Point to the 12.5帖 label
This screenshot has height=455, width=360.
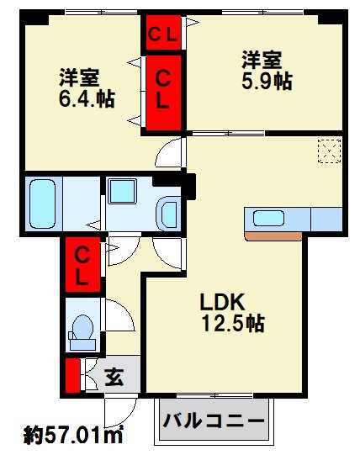pos(233,322)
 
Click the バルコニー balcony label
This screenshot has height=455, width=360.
pos(214,420)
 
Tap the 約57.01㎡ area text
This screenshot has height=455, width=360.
pos(73,436)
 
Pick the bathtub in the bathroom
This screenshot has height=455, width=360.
pos(41,202)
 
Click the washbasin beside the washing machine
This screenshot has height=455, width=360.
pos(168,210)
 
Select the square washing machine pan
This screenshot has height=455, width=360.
pos(123,192)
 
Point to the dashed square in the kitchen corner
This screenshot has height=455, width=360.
pos(326,151)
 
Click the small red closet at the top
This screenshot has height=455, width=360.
pos(161,34)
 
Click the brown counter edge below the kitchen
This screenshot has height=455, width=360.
pos(273,235)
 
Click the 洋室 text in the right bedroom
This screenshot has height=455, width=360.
pos(262,60)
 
